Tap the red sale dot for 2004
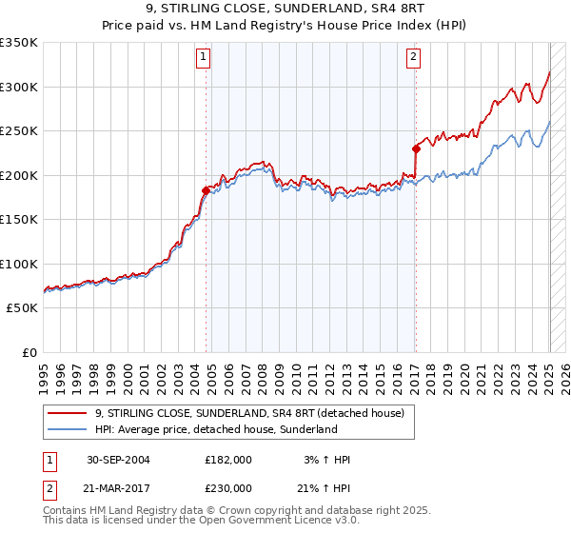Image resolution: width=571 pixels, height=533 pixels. coord(206,190)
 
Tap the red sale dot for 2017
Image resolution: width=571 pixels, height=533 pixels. coord(416,148)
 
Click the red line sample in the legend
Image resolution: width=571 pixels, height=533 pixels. coord(67,413)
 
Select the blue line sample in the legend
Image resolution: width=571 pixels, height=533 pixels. coord(67,429)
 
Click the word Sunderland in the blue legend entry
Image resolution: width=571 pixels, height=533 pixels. coord(309,429)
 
